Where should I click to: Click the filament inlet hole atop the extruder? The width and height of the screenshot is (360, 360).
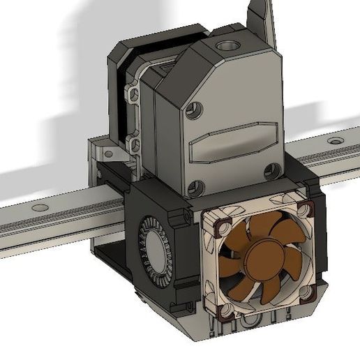pos(228,47)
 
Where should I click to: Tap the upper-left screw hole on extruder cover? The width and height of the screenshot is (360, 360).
pos(196,109)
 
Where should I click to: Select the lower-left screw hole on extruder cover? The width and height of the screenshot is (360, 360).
pos(196,186)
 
